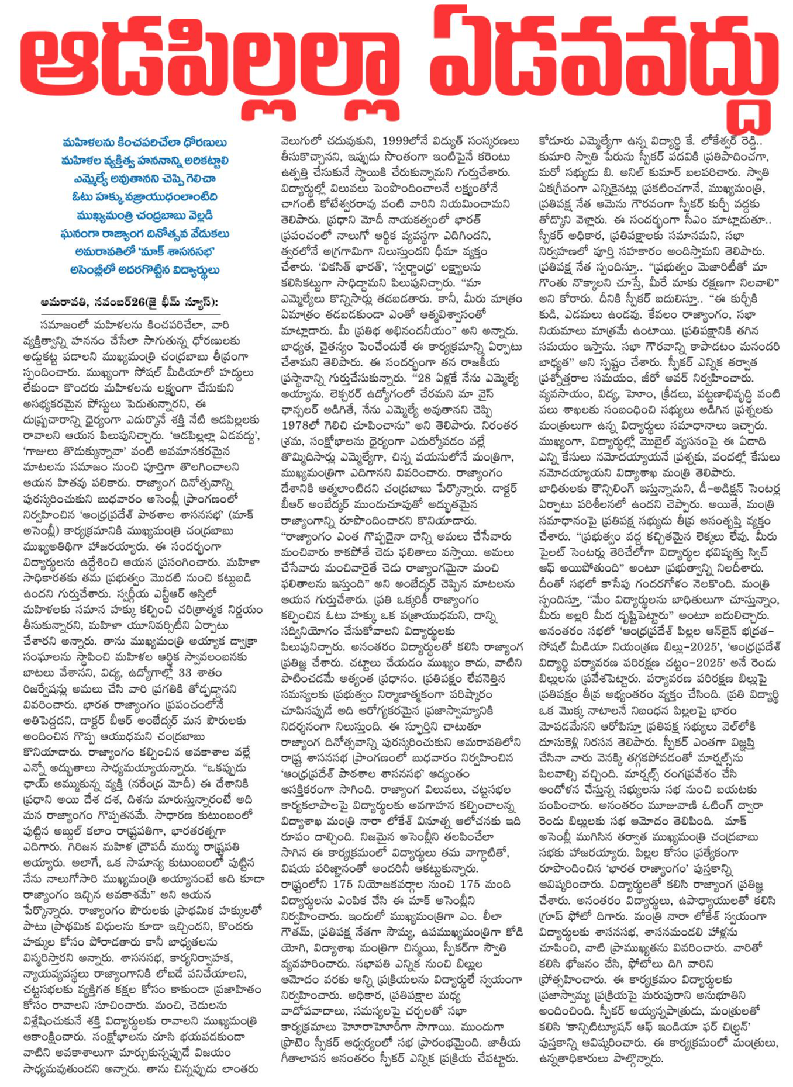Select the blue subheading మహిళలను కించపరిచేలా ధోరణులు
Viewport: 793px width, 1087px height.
coord(144,143)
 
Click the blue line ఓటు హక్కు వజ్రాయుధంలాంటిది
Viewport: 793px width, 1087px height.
coord(144,197)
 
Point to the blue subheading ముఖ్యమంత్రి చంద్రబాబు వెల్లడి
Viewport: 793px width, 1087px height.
coord(144,215)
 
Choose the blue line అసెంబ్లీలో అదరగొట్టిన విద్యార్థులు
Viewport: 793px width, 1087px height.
coord(144,270)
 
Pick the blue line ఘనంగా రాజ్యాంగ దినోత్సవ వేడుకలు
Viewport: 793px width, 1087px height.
coord(144,234)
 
